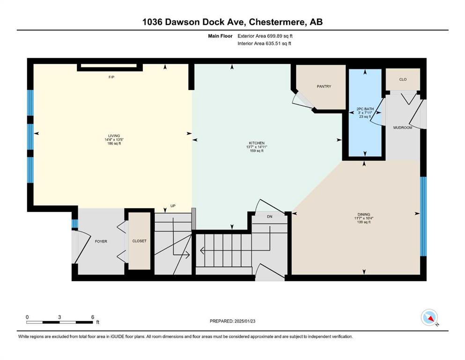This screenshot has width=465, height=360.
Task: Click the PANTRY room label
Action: (x=324, y=86)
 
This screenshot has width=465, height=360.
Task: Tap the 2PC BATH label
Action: (x=365, y=109)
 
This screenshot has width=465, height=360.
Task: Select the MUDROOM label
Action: (x=403, y=127)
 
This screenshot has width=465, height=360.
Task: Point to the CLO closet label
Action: (x=403, y=79)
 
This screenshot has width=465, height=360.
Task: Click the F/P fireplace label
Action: (x=111, y=77)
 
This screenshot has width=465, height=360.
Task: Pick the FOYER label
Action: (x=101, y=241)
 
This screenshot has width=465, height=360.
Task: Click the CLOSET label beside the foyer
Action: (x=140, y=241)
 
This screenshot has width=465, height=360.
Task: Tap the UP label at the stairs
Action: (x=173, y=206)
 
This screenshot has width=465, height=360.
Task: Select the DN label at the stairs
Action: (x=270, y=217)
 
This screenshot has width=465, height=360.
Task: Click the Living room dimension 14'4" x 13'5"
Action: (x=114, y=140)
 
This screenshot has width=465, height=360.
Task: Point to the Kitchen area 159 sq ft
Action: (x=257, y=151)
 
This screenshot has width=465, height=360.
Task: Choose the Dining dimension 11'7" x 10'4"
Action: (x=364, y=218)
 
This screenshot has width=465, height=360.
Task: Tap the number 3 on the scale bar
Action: (x=59, y=317)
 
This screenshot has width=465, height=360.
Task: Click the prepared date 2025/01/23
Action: (x=244, y=321)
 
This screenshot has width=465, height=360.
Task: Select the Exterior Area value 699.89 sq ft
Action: (x=280, y=36)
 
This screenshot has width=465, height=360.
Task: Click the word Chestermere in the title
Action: (x=277, y=22)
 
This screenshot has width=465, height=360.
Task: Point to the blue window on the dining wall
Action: (x=423, y=217)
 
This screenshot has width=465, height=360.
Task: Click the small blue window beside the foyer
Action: (x=75, y=224)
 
